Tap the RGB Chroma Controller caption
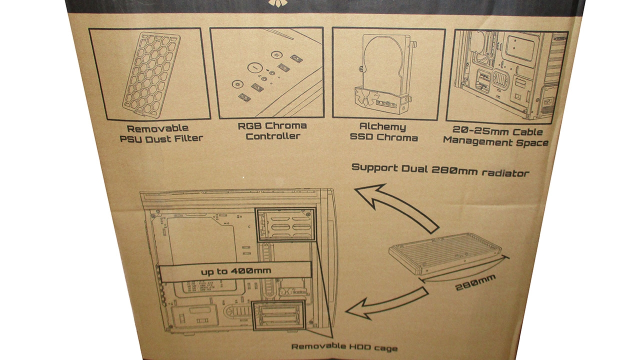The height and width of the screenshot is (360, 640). tap(272, 130)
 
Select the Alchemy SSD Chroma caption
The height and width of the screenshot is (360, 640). tap(383, 132)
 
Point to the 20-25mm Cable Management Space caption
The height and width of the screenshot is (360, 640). tap(495, 137)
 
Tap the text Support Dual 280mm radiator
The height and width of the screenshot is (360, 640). tap(440, 170)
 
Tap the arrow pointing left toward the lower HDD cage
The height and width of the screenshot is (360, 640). tap(385, 302)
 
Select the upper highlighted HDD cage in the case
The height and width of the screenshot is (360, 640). tap(285, 225)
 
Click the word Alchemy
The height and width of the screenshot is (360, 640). tap(383, 127)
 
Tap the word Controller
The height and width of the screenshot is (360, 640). tap(272, 136)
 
